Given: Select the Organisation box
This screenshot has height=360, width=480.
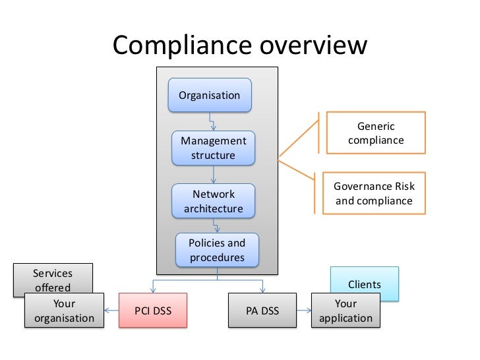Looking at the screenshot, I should coord(210,95).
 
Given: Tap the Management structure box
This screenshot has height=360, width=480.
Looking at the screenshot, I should coord(213,148).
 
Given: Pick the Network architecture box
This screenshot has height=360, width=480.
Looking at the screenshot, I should coord(213,201).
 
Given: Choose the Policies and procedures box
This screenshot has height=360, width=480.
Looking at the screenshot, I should coord(217,250).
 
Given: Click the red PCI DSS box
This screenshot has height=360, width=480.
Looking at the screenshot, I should coord(152,310).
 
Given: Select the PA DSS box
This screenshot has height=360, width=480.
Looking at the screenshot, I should coord(262,310).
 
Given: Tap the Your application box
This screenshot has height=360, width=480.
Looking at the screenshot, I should coord(345,311).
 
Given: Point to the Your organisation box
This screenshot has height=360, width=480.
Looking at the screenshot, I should coord(64,311).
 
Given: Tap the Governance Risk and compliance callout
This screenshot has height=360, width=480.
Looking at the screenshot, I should coord(374,193).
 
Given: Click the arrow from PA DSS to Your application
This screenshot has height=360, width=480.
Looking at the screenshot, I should coord(304,311).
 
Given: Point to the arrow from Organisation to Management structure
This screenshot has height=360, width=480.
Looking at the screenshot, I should coord(212,122).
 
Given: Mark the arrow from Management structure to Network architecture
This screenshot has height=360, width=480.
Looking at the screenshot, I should coord(213,175).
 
